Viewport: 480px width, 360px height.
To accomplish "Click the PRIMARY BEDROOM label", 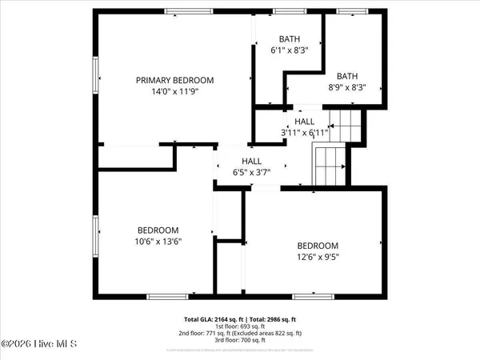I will coord(174,80).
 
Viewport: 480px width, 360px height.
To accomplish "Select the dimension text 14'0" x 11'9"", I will coord(174,91).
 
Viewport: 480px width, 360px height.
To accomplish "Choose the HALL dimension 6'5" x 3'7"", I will coord(246,171).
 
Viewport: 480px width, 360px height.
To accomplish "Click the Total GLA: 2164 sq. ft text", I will coord(214,319).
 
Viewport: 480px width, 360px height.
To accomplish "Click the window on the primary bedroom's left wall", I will coord(98,79).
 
